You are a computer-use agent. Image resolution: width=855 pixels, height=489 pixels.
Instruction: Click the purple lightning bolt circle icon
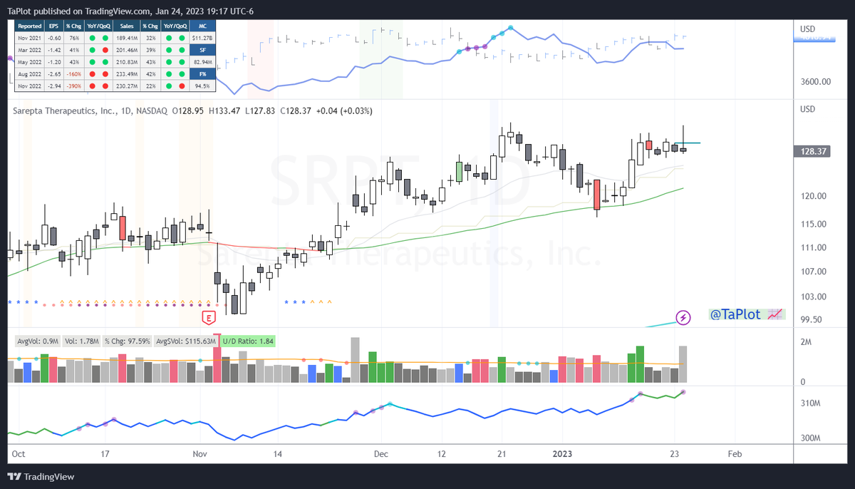click(x=683, y=317)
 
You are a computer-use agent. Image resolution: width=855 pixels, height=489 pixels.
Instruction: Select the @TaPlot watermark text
click(x=735, y=314)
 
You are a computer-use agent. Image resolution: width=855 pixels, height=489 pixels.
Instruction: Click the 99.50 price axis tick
click(x=812, y=320)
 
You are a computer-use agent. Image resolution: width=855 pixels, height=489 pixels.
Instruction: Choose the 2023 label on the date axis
click(x=562, y=454)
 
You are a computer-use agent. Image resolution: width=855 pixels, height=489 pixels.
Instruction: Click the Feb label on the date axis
click(x=735, y=454)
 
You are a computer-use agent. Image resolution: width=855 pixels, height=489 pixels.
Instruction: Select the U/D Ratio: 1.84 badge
click(x=247, y=341)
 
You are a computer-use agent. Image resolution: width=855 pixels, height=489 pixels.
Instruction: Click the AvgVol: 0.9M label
click(x=34, y=341)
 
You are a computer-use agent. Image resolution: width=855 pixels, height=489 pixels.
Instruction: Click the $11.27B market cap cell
click(x=202, y=38)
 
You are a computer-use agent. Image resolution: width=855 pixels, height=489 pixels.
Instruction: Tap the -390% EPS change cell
click(x=74, y=86)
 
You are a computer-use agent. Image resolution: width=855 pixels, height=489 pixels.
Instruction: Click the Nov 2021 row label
click(x=31, y=38)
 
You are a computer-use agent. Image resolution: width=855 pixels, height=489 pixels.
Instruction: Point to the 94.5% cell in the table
click(x=202, y=86)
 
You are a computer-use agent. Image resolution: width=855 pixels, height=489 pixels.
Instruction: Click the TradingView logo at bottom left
click(x=43, y=477)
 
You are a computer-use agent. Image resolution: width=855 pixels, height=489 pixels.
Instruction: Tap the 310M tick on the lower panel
click(x=811, y=403)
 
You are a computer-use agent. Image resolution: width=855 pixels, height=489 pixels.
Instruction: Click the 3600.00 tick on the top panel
click(x=816, y=82)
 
